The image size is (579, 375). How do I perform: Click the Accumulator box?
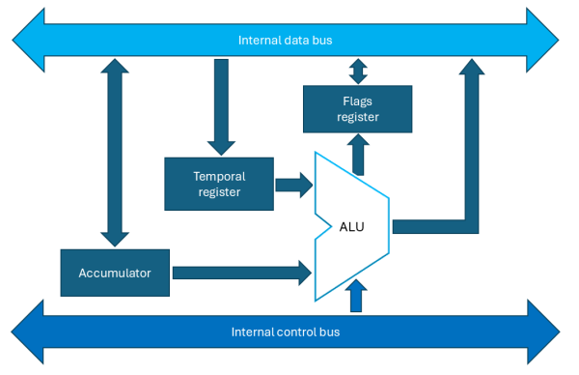click(x=115, y=274)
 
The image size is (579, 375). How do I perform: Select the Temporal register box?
click(x=219, y=184)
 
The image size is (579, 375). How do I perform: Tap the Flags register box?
click(x=357, y=108)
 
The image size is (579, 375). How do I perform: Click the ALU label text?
click(x=351, y=227)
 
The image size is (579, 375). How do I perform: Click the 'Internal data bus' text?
click(x=285, y=41)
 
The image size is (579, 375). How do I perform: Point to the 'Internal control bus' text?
click(x=285, y=332)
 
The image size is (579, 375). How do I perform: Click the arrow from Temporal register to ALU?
click(x=293, y=184)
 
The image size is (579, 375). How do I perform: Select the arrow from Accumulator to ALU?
click(x=241, y=274)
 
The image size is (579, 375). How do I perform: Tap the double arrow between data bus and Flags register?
click(x=358, y=72)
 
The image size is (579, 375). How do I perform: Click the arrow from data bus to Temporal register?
click(x=221, y=106)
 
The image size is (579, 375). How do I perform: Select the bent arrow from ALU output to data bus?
click(x=471, y=155)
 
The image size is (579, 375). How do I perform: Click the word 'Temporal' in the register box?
click(x=219, y=176)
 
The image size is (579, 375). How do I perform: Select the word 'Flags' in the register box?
click(x=357, y=101)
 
